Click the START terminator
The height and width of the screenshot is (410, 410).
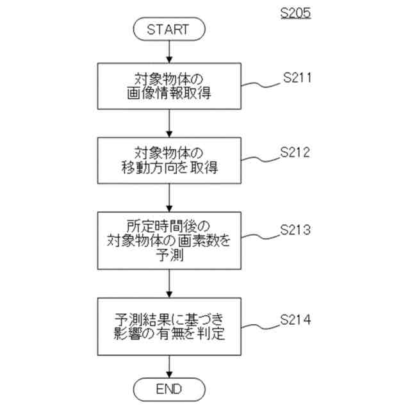click(x=168, y=29)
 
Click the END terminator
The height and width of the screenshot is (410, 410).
click(x=168, y=388)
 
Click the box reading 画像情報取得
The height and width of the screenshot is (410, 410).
click(x=168, y=88)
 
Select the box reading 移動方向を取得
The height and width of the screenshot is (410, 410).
click(x=168, y=161)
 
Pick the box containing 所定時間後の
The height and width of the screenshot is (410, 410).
click(x=168, y=241)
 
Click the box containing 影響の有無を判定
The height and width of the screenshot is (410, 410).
click(x=168, y=327)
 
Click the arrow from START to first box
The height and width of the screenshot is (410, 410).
click(x=168, y=51)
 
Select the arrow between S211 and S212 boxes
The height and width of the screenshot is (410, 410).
click(x=168, y=124)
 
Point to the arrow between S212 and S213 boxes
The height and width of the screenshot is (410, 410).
click(x=168, y=199)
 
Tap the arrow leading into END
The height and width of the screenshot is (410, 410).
click(x=168, y=366)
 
